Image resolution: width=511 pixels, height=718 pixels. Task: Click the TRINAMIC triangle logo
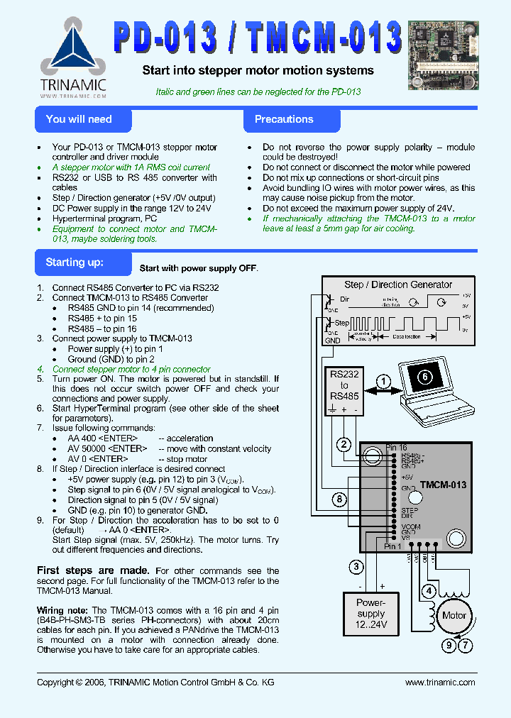tap(73, 50)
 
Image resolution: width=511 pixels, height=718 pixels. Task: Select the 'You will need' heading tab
tap(79, 119)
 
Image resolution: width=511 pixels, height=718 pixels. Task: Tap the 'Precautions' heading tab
tap(284, 119)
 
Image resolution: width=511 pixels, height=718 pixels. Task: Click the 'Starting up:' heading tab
tap(75, 263)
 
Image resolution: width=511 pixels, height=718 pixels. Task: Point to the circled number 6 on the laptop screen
tap(424, 377)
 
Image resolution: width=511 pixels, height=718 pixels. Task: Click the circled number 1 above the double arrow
tap(383, 382)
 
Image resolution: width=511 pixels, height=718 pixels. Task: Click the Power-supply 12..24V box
tap(370, 613)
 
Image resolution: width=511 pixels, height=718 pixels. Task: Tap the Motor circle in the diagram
tap(454, 615)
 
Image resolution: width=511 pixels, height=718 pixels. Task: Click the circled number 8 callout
tap(340, 499)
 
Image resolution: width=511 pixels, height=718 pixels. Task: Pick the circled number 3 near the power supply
tap(357, 566)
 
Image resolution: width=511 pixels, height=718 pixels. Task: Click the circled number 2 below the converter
tap(344, 445)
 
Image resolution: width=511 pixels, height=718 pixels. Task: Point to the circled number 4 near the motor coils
tap(429, 591)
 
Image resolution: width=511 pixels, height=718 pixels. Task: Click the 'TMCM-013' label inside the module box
tap(443, 485)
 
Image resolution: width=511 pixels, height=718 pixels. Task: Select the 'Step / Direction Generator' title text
tap(397, 285)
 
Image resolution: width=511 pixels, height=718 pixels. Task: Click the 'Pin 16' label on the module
tap(396, 448)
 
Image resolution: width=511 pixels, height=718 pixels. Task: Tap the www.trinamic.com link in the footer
tap(440, 682)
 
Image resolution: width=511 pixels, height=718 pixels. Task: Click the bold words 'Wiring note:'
tap(62, 610)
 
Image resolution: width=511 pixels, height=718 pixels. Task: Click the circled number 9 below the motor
tap(449, 646)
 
